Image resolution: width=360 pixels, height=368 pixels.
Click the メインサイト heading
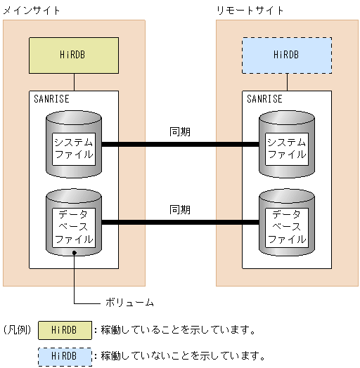click(32, 10)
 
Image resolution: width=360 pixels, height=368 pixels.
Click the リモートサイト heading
click(250, 10)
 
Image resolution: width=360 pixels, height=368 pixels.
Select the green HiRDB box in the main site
click(74, 55)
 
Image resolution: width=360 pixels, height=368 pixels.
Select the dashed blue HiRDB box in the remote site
click(287, 55)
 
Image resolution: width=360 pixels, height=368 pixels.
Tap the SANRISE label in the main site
click(51, 99)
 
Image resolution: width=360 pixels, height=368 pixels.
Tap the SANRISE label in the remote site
click(264, 99)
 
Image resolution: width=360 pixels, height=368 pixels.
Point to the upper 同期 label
click(180, 131)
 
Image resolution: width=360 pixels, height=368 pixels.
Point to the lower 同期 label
click(180, 209)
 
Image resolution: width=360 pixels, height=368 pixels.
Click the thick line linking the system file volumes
click(180, 145)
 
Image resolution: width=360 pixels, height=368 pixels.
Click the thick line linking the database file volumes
click(180, 223)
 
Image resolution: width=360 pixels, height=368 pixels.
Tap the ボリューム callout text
click(129, 303)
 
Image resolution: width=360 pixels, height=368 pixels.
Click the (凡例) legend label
click(17, 329)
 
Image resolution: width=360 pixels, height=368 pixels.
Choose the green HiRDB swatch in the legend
click(65, 330)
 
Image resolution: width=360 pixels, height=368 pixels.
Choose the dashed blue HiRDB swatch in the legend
click(65, 355)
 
